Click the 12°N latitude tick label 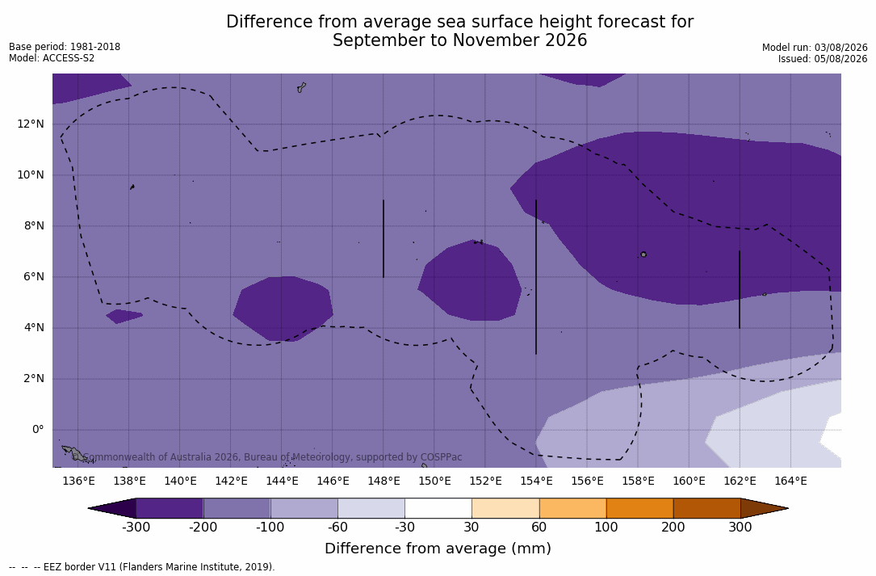pos(30,124)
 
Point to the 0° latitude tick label pos(38,430)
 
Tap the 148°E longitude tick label pos(384,481)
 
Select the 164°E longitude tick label pos(790,481)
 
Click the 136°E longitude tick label pos(79,481)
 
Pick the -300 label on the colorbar pos(136,528)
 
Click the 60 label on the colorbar pos(539,528)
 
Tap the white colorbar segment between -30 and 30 pos(438,508)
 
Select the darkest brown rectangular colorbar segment pos(706,508)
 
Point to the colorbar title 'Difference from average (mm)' pos(438,549)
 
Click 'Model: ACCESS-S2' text pos(52,58)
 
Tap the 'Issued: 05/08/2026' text pos(823,59)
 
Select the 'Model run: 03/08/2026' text pos(815,48)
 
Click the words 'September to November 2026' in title pos(459,40)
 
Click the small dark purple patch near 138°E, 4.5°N pos(124,316)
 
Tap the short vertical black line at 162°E pos(739,290)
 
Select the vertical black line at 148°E pos(384,239)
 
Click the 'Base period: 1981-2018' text pos(65,47)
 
